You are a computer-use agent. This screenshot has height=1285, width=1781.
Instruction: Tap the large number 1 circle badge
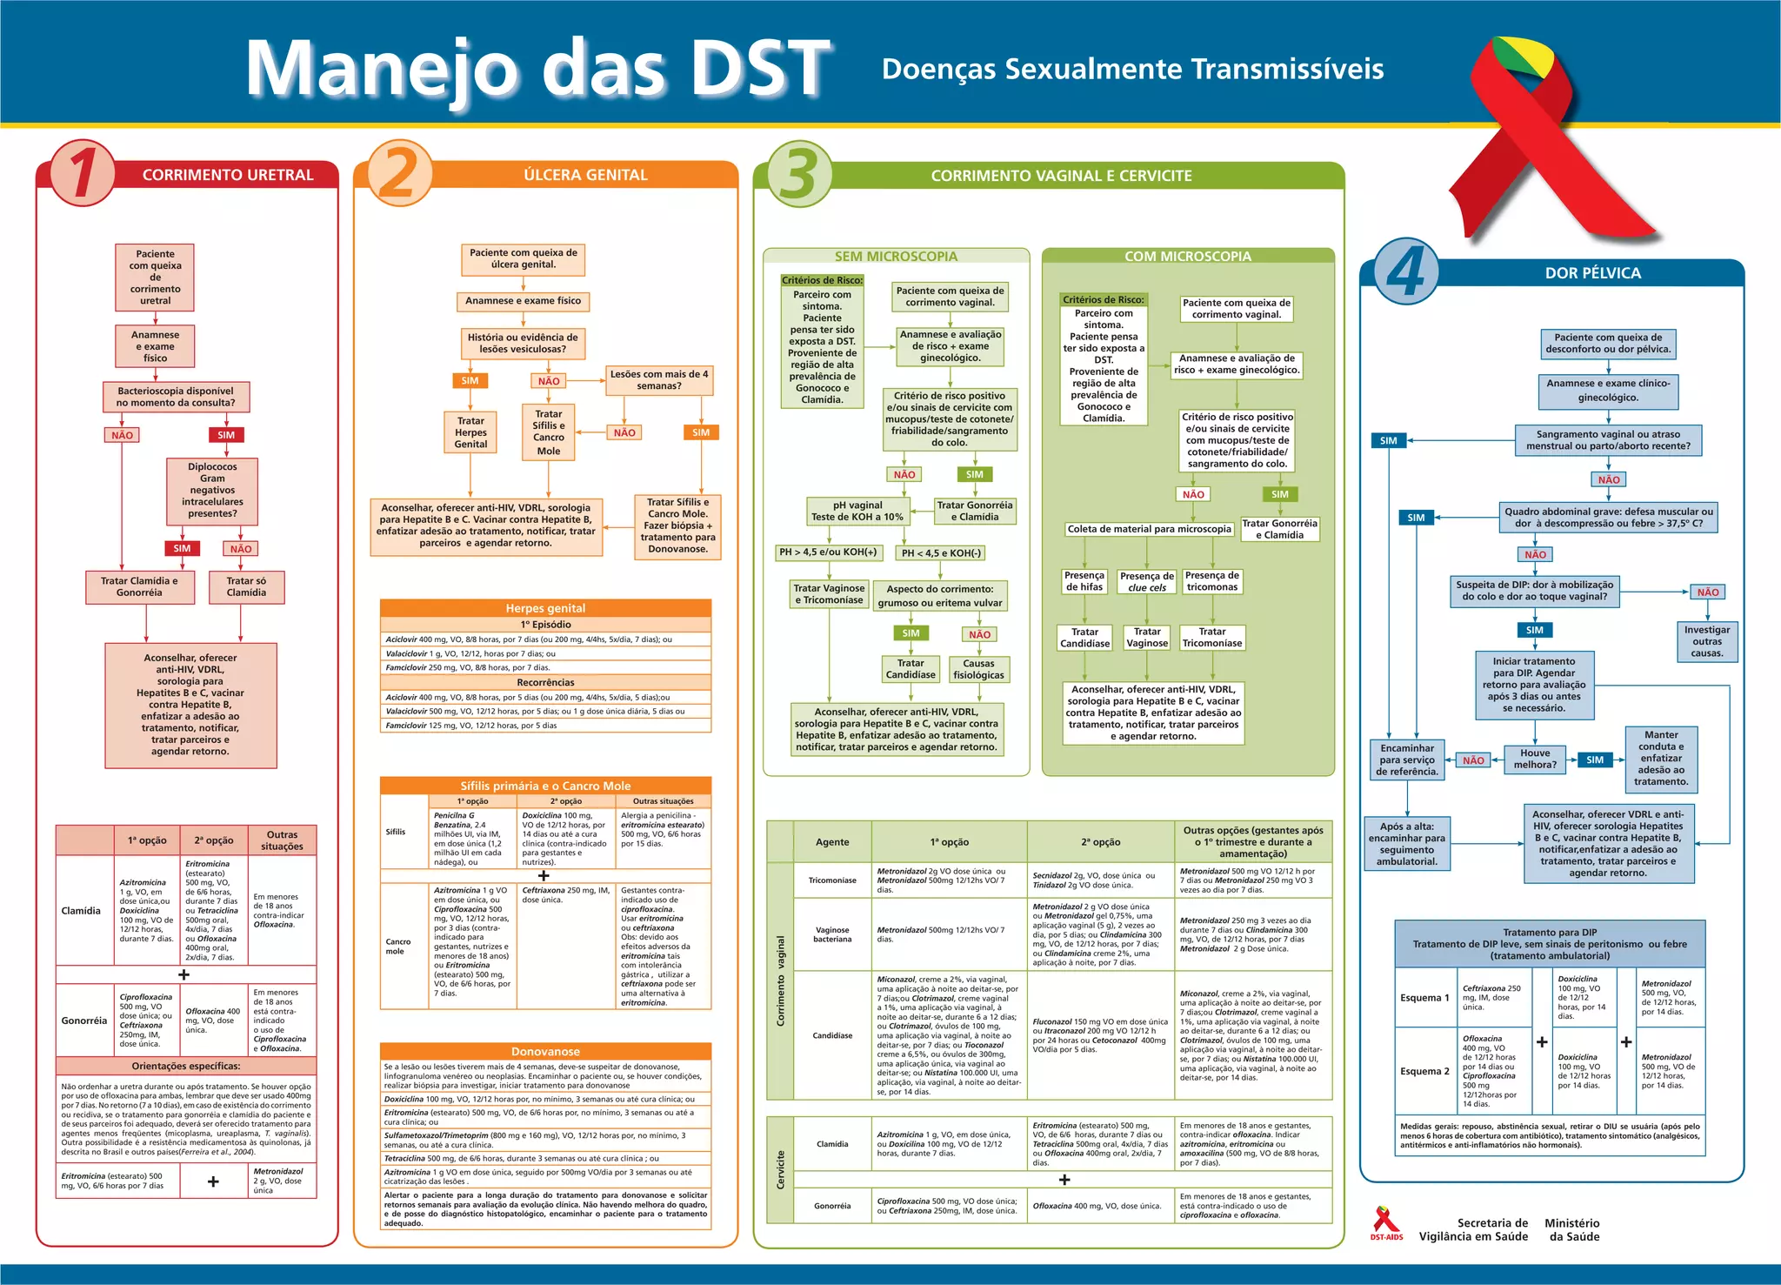pyautogui.click(x=83, y=172)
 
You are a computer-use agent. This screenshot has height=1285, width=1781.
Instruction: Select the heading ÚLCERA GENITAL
pyautogui.click(x=585, y=175)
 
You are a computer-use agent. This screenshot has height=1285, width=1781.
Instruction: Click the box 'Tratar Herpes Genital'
pyautogui.click(x=470, y=432)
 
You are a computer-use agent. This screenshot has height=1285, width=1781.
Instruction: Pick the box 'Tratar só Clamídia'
pyautogui.click(x=246, y=586)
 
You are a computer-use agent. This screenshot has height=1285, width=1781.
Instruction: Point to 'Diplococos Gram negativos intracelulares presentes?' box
pyautogui.click(x=212, y=491)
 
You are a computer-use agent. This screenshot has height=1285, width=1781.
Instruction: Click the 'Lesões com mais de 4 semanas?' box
pyautogui.click(x=659, y=380)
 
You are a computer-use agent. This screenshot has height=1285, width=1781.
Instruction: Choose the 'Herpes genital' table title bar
pyautogui.click(x=545, y=608)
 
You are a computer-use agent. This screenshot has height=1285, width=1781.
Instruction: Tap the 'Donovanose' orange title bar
pyautogui.click(x=545, y=1051)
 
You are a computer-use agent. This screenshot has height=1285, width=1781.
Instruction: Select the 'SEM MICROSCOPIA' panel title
pyautogui.click(x=896, y=257)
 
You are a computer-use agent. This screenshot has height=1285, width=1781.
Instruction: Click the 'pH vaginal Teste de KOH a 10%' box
pyautogui.click(x=857, y=511)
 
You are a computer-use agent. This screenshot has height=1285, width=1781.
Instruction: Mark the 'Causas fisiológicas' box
pyautogui.click(x=978, y=669)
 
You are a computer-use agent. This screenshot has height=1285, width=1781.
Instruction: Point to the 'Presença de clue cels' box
pyautogui.click(x=1147, y=582)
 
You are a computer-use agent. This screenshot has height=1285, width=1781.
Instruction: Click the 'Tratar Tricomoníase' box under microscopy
pyautogui.click(x=1212, y=638)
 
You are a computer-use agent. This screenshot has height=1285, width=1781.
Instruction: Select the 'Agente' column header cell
pyautogui.click(x=832, y=842)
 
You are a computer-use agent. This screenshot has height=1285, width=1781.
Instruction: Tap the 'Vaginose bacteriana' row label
pyautogui.click(x=832, y=934)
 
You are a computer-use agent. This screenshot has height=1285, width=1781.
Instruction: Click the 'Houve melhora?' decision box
pyautogui.click(x=1535, y=759)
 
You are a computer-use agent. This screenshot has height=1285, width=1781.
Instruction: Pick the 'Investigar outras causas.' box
pyautogui.click(x=1707, y=641)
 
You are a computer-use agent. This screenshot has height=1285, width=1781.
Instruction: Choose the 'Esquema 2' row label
pyautogui.click(x=1424, y=1071)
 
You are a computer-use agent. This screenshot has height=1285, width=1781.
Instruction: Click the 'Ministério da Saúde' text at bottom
pyautogui.click(x=1573, y=1229)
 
